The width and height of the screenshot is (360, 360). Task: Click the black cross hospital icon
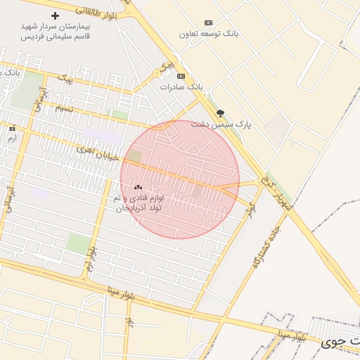(55, 15)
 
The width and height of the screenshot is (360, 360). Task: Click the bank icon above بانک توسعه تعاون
(207, 22)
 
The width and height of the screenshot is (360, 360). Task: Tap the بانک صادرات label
(181, 87)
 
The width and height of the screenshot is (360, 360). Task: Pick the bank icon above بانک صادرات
(181, 76)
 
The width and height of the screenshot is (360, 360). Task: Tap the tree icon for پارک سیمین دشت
(220, 112)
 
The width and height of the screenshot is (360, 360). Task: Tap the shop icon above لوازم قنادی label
(138, 188)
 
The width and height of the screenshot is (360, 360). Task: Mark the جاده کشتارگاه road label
(266, 247)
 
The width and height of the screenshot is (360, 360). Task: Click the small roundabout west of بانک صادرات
(157, 73)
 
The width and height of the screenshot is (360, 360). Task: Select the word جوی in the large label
(330, 343)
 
